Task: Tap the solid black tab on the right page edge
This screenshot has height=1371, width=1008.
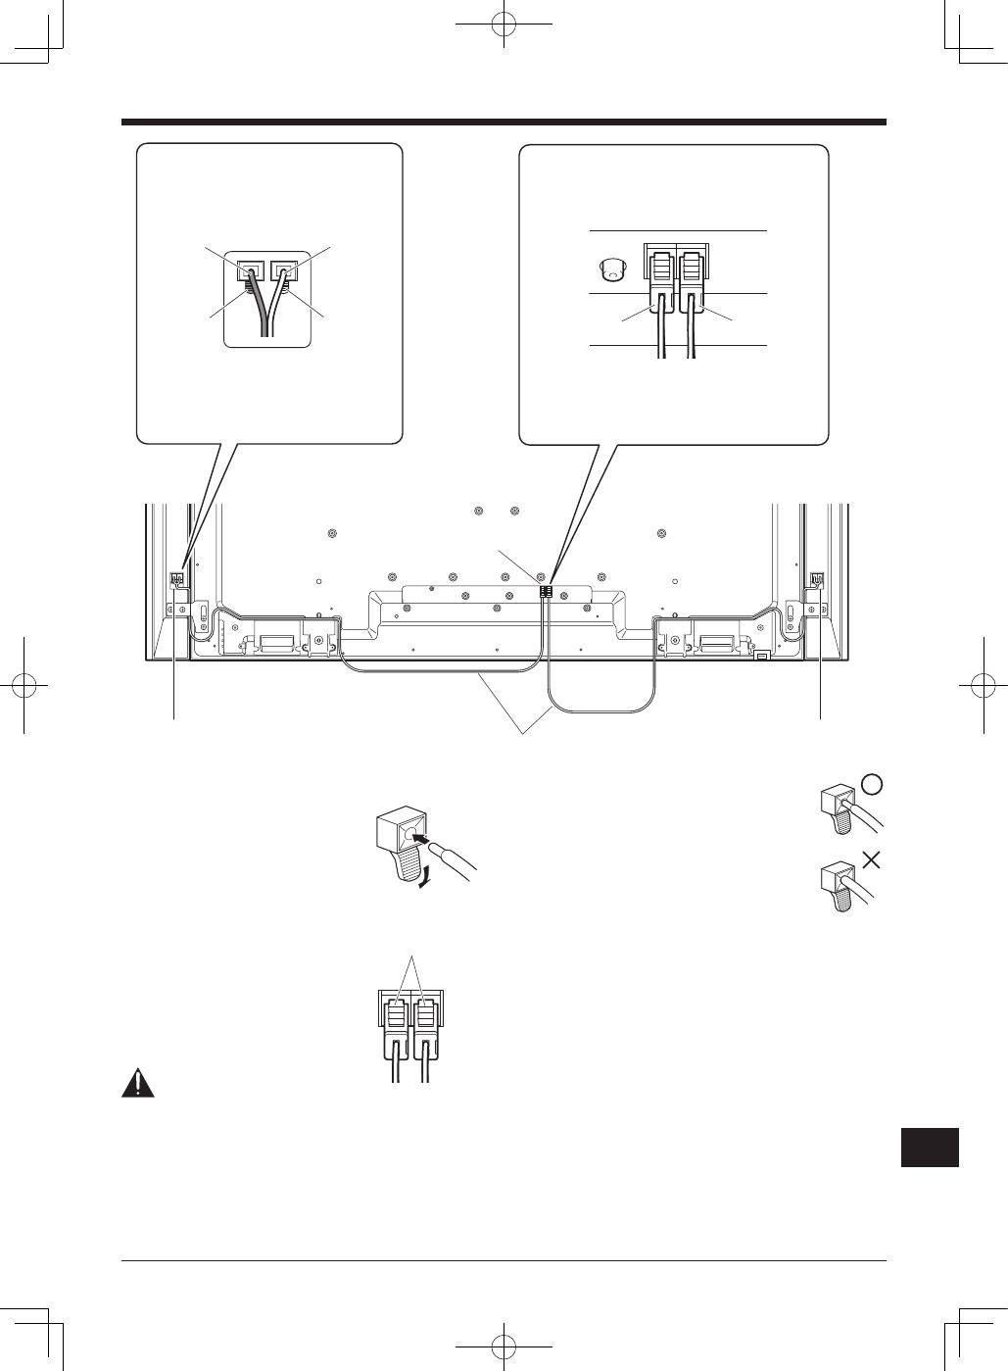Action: tap(929, 1147)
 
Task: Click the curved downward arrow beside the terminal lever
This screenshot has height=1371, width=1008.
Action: tap(422, 879)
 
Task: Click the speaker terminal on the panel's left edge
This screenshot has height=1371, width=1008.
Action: tap(177, 579)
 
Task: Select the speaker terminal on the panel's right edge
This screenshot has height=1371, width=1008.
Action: tap(816, 579)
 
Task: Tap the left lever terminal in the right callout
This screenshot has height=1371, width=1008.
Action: tap(660, 270)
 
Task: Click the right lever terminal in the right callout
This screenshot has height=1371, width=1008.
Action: tap(694, 270)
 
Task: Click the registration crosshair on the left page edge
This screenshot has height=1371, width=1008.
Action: tap(24, 685)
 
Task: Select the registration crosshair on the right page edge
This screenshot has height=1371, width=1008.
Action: tap(984, 685)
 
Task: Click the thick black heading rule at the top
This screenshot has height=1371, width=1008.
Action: tap(504, 122)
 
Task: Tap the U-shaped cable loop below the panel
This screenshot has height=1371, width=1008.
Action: tap(601, 696)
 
